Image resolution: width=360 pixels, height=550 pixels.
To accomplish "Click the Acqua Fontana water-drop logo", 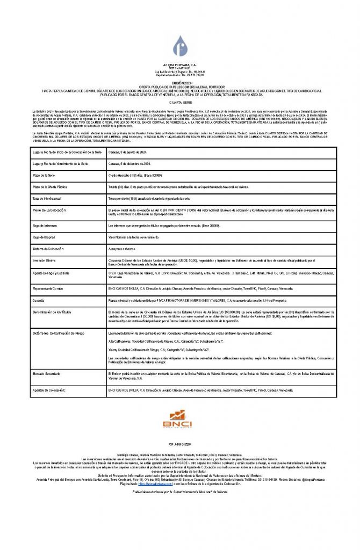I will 180,46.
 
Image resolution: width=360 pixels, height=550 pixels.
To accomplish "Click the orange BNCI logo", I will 180,419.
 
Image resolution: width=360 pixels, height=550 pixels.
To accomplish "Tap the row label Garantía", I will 38,300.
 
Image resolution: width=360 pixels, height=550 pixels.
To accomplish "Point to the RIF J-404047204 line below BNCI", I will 179,445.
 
